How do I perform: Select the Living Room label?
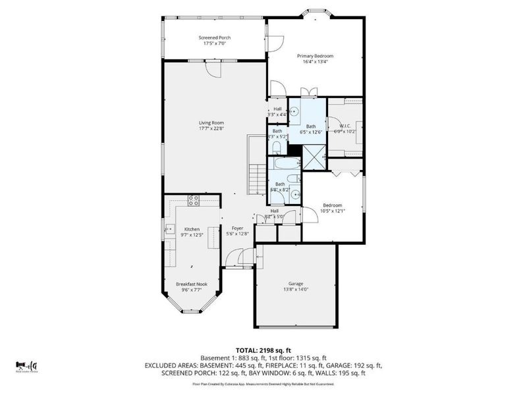coord(213,122)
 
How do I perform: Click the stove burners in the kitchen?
coord(194,200)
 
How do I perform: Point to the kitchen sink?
coord(168,230)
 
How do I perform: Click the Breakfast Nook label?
coord(191,284)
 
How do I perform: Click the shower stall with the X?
coord(314,157)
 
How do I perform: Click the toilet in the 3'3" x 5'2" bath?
coord(278,146)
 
